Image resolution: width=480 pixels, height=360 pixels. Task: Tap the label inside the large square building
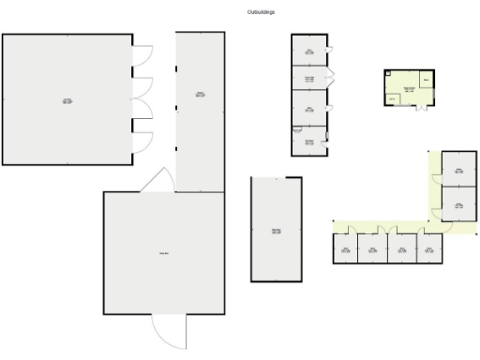(67, 100)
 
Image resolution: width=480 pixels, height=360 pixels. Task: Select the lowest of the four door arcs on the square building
(141, 141)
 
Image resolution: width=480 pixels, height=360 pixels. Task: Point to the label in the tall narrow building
(200, 94)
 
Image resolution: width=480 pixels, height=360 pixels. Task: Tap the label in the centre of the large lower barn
(163, 253)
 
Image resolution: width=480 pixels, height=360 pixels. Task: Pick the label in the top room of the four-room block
(309, 52)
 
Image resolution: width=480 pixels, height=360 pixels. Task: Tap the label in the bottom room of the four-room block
(309, 142)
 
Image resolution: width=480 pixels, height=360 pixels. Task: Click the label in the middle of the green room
(408, 89)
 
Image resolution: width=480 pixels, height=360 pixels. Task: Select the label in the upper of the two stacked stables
(458, 171)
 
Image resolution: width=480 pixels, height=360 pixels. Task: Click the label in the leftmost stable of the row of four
(345, 249)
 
